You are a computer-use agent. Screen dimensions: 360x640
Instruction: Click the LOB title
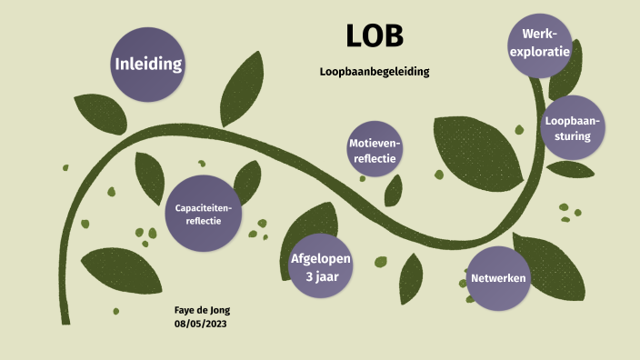click(375, 35)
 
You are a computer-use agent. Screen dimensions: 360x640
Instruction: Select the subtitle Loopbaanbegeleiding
click(375, 71)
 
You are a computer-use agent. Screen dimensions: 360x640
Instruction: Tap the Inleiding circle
click(147, 64)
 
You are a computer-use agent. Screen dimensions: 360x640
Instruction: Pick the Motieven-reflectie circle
click(375, 149)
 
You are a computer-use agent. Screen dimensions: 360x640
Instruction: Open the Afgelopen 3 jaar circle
click(320, 266)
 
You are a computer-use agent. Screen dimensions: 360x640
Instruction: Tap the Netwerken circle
click(498, 278)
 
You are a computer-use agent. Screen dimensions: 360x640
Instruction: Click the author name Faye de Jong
click(202, 310)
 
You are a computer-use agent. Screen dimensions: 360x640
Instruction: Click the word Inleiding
click(147, 64)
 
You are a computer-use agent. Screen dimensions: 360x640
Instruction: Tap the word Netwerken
click(498, 278)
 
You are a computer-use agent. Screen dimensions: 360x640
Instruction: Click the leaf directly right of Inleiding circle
click(241, 86)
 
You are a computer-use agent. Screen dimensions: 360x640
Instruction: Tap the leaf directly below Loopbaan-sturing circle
click(571, 169)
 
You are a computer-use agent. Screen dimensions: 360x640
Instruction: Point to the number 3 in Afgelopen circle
click(310, 276)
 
